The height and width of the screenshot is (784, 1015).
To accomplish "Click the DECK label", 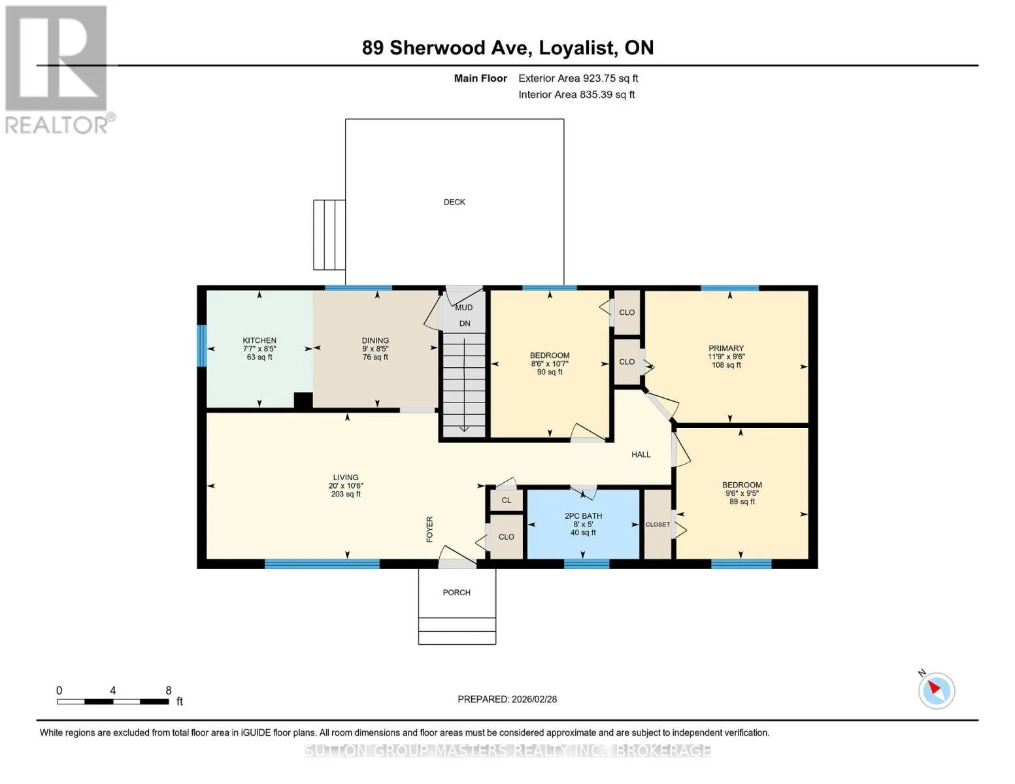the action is click(454, 202).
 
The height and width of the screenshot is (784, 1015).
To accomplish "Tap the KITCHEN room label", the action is click(259, 340).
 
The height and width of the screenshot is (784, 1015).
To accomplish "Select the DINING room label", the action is click(375, 340).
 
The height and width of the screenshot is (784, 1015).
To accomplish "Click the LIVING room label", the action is click(346, 477).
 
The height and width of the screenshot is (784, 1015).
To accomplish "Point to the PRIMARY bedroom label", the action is click(726, 348).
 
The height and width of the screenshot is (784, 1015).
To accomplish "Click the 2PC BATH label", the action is click(583, 516).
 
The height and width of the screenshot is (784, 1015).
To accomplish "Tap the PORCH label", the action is click(456, 592).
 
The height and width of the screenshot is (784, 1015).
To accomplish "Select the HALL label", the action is click(641, 454).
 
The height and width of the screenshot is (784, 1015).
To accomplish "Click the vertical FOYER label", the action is click(430, 529).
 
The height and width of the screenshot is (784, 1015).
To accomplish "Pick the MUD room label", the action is click(464, 307).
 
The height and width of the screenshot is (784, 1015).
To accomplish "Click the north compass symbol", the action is click(936, 690).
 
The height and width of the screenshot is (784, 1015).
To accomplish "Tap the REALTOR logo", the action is click(58, 70).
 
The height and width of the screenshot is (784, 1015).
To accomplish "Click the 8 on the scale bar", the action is click(169, 690).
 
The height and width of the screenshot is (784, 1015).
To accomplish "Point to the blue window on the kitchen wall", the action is click(201, 346).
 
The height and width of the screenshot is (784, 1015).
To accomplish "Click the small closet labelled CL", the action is click(507, 500).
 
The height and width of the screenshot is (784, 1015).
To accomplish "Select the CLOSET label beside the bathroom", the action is click(657, 525).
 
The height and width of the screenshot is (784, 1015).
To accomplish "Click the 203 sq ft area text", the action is click(346, 494).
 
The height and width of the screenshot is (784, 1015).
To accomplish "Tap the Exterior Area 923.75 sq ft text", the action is click(578, 78).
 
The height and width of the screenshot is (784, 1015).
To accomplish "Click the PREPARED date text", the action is click(507, 699).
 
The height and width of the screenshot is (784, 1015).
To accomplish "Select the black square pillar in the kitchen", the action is click(303, 401).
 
